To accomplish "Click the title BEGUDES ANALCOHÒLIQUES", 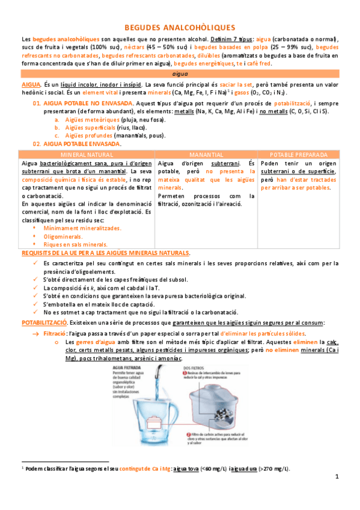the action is click(180, 27).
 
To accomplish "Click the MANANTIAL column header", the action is click(206, 155).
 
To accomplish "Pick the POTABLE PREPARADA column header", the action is click(299, 155).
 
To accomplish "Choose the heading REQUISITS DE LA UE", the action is click(105, 253).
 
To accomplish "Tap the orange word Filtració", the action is click(55, 333).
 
